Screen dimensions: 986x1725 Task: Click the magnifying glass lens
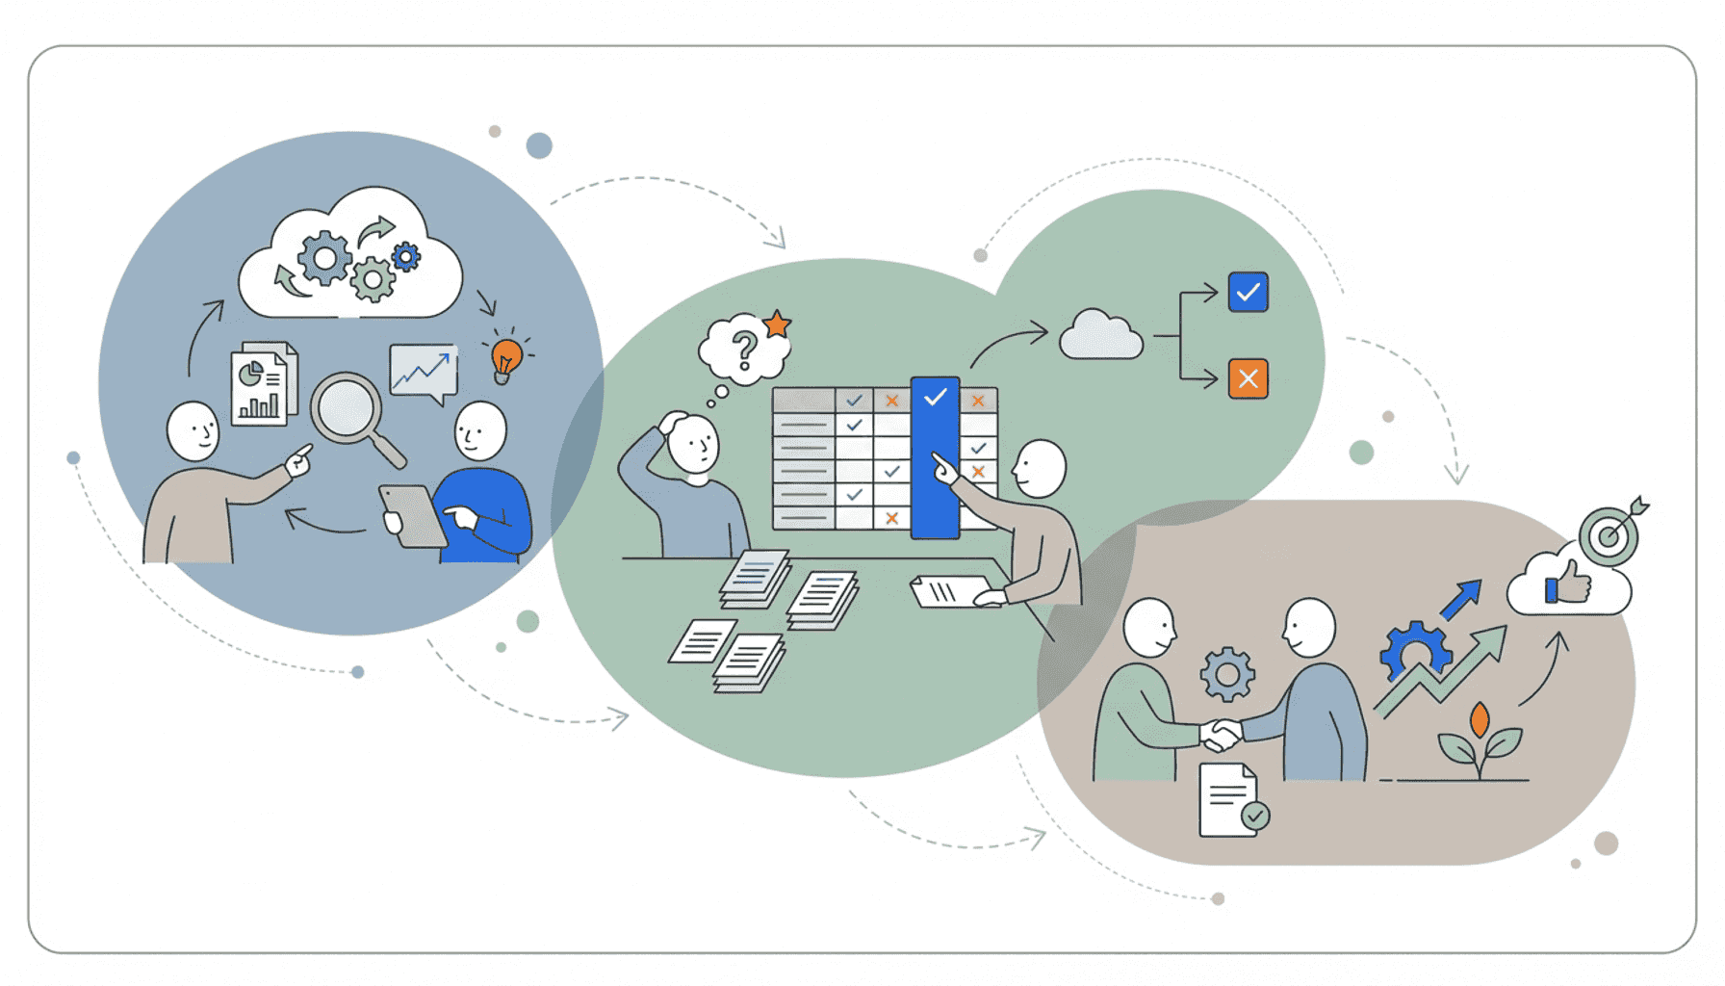coord(346,407)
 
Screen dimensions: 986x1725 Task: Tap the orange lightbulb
coord(505,357)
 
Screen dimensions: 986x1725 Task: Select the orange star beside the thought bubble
coord(777,324)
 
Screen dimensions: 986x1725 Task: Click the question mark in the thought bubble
coord(743,350)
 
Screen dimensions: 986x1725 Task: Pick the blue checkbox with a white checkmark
coord(1248,292)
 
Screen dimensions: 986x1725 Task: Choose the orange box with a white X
coord(1248,378)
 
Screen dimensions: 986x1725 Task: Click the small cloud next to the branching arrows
coord(1100,336)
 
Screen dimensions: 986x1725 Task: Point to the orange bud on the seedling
coord(1480,719)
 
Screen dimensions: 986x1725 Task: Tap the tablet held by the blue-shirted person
coord(412,515)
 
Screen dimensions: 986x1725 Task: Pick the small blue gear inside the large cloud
coord(406,256)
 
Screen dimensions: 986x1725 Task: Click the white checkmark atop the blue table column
coord(935,396)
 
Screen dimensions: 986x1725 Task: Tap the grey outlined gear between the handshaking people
coord(1227,674)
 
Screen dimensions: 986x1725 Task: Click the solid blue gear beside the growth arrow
coord(1414,651)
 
